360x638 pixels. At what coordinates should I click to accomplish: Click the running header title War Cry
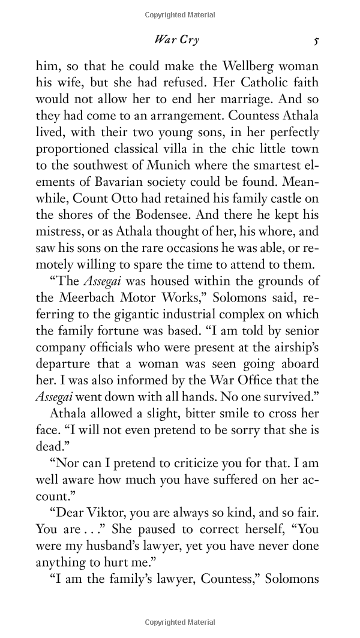click(x=176, y=40)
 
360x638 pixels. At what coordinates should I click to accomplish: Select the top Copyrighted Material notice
click(x=180, y=15)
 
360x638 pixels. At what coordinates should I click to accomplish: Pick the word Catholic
click(x=259, y=82)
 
